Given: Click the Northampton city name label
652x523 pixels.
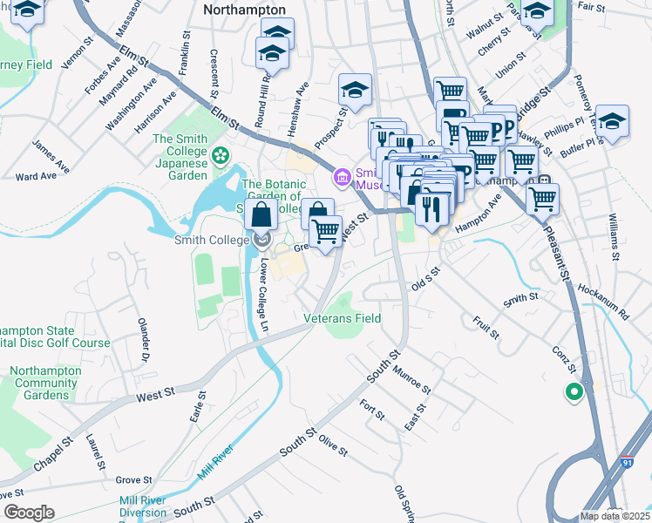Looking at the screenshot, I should [244, 10].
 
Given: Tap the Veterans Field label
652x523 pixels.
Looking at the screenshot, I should [342, 318].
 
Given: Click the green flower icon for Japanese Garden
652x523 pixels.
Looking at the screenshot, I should [221, 156].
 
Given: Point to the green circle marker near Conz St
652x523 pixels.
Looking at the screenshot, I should [573, 392].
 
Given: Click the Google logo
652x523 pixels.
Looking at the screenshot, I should [28, 512].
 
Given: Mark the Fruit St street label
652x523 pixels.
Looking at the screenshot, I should [486, 329].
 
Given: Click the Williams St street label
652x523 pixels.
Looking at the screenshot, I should [614, 237].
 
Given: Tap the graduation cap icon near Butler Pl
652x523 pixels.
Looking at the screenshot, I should [612, 121].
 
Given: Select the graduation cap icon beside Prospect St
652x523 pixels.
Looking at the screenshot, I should [355, 90].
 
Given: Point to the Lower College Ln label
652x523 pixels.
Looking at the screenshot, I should [263, 287].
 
